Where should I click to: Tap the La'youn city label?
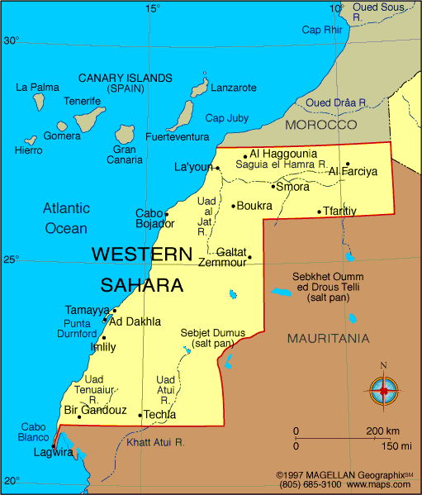(x=193, y=167)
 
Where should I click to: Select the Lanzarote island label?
(x=234, y=88)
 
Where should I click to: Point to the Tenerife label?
(x=83, y=101)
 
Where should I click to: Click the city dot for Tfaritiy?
(x=320, y=212)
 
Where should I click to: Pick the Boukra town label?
(x=254, y=206)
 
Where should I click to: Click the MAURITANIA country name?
(x=328, y=339)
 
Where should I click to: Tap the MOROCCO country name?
(x=320, y=124)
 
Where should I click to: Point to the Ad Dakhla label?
(x=135, y=322)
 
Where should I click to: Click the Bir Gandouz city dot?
(x=79, y=416)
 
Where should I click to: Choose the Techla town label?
(x=159, y=415)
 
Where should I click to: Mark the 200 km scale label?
(x=383, y=431)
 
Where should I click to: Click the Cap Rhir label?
(x=321, y=30)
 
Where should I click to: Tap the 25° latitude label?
(x=11, y=259)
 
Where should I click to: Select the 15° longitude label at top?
(x=153, y=8)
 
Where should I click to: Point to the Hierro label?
(x=28, y=150)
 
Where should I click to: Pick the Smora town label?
(x=292, y=187)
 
